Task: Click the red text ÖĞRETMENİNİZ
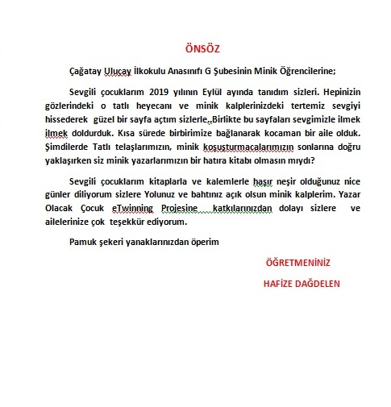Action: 297,263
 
